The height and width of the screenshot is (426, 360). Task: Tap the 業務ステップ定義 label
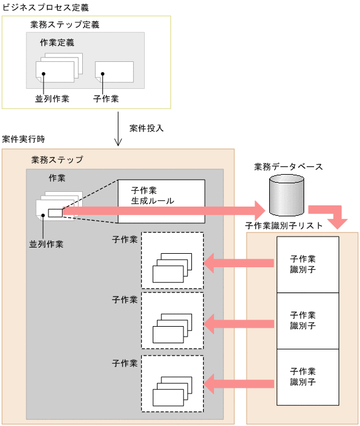pos(64,25)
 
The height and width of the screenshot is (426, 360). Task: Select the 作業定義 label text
pos(57,43)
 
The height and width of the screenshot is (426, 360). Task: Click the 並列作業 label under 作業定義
pos(52,98)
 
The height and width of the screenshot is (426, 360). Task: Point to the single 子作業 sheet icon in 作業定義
pos(114,71)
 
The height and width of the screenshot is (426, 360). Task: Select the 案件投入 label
pos(147,129)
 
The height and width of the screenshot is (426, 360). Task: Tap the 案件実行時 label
pos(23,140)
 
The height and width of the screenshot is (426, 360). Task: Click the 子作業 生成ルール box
pos(161,201)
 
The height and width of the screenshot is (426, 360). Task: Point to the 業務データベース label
pos(288,166)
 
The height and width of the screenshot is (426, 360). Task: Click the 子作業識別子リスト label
pos(284,226)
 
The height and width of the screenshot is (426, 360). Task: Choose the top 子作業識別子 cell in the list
pos(307,264)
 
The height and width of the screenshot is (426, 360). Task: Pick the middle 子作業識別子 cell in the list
pos(307,321)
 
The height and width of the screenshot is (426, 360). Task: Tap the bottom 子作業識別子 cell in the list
pos(307,376)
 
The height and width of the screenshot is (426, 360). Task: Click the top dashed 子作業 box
pos(172,261)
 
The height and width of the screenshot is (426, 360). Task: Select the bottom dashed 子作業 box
pos(172,383)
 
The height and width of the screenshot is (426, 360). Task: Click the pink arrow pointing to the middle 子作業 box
pos(238,322)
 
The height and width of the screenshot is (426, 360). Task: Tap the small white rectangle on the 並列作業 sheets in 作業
pos(54,213)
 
